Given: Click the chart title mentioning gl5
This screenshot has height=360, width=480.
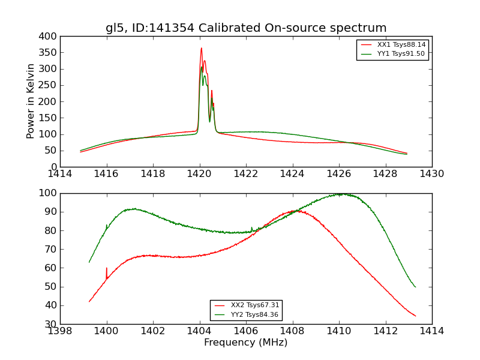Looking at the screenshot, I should pyautogui.click(x=246, y=28).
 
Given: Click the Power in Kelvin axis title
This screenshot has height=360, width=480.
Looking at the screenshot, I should pyautogui.click(x=31, y=101).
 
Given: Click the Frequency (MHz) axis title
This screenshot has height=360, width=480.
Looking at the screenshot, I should pyautogui.click(x=245, y=343).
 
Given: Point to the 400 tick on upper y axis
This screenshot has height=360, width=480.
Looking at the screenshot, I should pyautogui.click(x=49, y=37).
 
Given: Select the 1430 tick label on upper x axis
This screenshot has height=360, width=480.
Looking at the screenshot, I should pyautogui.click(x=431, y=174).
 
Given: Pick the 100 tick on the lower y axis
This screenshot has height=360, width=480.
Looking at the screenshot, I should pyautogui.click(x=49, y=193).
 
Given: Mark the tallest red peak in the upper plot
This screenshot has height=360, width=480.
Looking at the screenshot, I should pyautogui.click(x=201, y=49).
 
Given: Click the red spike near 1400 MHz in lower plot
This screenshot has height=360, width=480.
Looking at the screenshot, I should pyautogui.click(x=107, y=269).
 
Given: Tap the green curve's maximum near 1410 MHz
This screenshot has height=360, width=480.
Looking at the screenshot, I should pyautogui.click(x=340, y=194).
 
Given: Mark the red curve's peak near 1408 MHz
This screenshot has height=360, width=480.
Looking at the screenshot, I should pyautogui.click(x=296, y=211).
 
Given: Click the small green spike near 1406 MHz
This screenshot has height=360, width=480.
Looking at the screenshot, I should pyautogui.click(x=251, y=227).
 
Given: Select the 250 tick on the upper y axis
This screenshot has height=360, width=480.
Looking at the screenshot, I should pyautogui.click(x=49, y=85).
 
